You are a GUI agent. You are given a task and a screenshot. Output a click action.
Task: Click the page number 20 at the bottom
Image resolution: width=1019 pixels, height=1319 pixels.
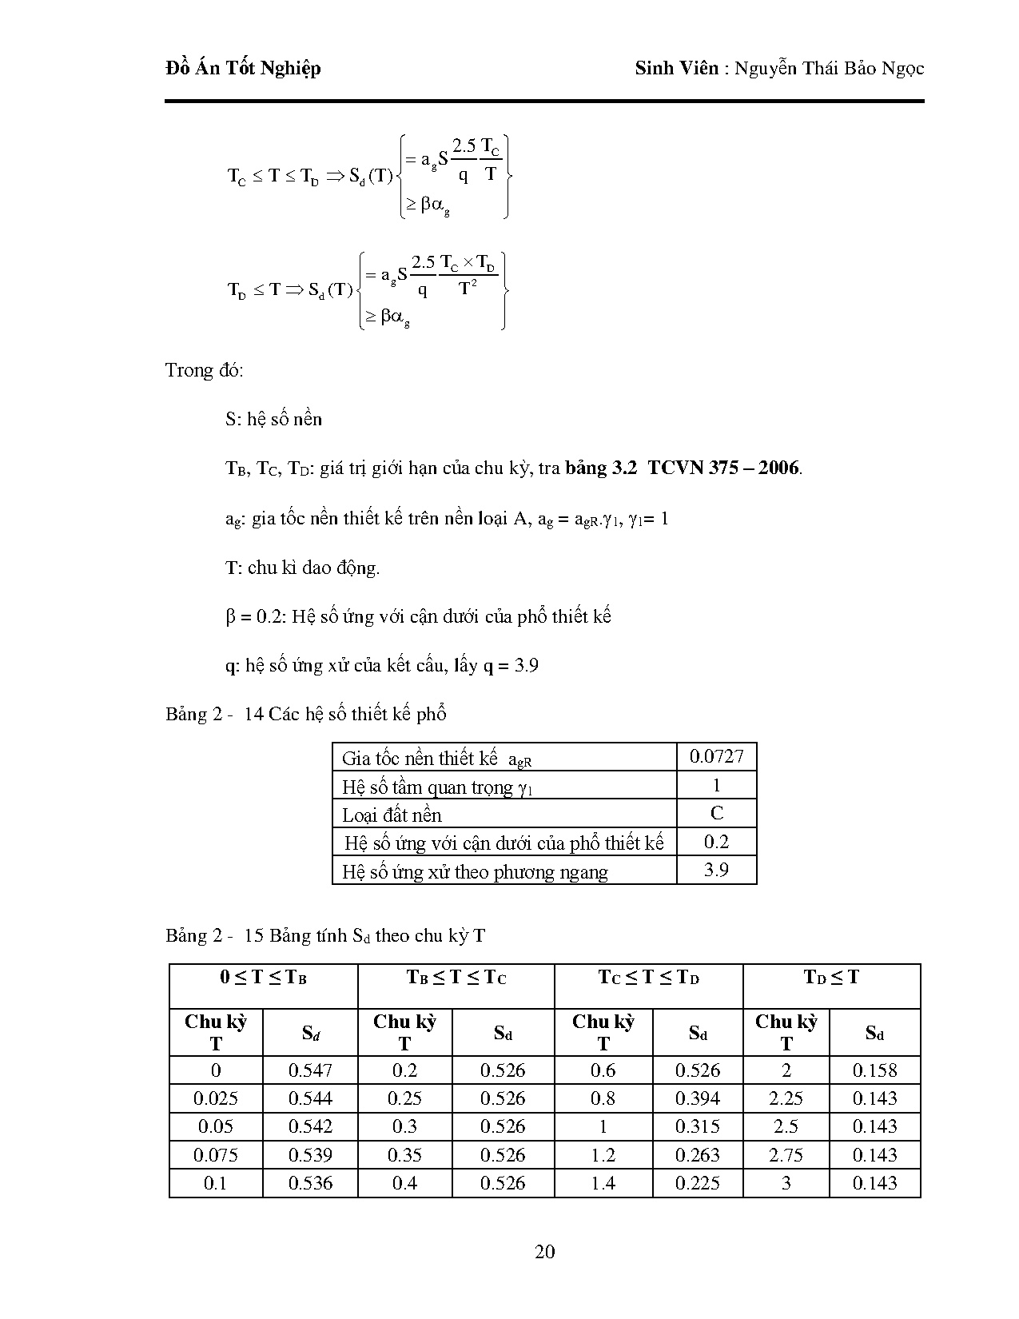pyautogui.click(x=544, y=1252)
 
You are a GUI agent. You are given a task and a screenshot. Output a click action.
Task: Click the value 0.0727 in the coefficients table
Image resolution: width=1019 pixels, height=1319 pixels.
pyautogui.click(x=716, y=756)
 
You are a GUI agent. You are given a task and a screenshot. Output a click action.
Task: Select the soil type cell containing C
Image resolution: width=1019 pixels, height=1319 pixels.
pyautogui.click(x=716, y=813)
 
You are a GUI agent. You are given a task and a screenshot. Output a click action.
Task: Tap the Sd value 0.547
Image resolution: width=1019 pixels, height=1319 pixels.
pyautogui.click(x=310, y=1070)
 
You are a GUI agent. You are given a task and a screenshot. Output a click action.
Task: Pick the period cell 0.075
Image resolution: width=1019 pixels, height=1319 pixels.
pyautogui.click(x=216, y=1155)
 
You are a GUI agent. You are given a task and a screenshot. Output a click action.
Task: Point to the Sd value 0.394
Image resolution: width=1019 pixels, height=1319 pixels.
pyautogui.click(x=697, y=1098)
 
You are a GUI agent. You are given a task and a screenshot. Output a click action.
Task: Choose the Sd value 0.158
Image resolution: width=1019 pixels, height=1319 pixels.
pyautogui.click(x=874, y=1070)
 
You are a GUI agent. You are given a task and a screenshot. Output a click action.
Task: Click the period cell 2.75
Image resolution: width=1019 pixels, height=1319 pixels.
pyautogui.click(x=786, y=1155)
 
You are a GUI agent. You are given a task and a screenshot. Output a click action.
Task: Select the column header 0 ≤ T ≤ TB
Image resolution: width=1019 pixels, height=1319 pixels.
pyautogui.click(x=264, y=978)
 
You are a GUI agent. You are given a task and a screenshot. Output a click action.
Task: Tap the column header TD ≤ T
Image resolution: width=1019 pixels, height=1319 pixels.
pyautogui.click(x=831, y=978)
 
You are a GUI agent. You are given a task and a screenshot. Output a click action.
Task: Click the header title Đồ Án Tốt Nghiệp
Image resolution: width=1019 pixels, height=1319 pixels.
pyautogui.click(x=243, y=69)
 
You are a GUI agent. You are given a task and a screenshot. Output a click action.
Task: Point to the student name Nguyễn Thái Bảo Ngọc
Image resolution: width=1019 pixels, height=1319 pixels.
pyautogui.click(x=829, y=69)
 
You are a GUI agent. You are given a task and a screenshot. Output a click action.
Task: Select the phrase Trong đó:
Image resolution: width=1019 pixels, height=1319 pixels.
pyautogui.click(x=205, y=371)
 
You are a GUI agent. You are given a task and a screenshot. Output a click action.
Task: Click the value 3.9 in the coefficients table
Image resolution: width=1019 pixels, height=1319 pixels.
pyautogui.click(x=716, y=870)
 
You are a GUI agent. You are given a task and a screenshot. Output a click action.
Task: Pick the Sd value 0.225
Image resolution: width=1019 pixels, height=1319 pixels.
pyautogui.click(x=697, y=1183)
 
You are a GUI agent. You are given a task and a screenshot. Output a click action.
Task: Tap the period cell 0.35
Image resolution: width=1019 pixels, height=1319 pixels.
pyautogui.click(x=404, y=1155)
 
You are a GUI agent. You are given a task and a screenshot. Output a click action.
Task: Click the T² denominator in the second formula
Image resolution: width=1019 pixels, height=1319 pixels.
pyautogui.click(x=468, y=289)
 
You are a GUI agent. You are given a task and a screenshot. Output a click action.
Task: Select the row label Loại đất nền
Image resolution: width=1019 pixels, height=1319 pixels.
pyautogui.click(x=392, y=815)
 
